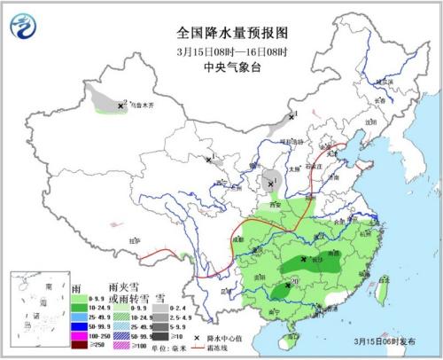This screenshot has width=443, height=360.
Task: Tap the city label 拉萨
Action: tap(134, 240)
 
